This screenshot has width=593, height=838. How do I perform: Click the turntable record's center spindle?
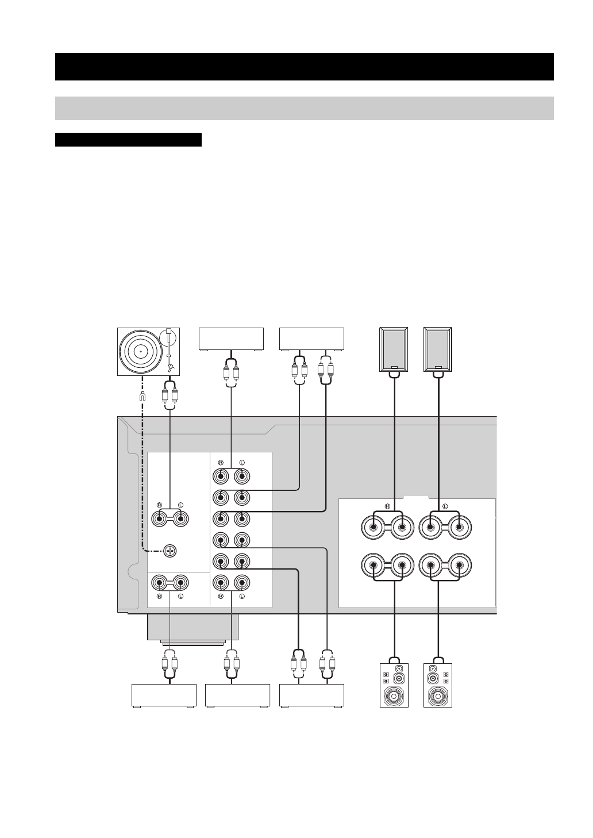click(141, 351)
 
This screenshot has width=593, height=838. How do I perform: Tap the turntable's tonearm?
click(170, 351)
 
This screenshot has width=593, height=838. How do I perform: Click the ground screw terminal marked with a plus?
click(170, 551)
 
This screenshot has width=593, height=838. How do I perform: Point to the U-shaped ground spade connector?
click(143, 396)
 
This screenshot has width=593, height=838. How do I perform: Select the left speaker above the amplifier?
click(394, 349)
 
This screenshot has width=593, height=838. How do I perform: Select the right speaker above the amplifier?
click(438, 349)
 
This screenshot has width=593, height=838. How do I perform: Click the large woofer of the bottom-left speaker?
click(394, 697)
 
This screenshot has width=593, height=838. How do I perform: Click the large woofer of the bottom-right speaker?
click(438, 697)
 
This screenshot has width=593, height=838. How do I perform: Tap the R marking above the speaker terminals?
click(387, 506)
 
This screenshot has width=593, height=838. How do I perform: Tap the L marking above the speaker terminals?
click(445, 506)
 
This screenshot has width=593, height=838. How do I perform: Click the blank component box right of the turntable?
click(231, 339)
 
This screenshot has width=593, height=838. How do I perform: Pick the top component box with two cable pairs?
click(311, 339)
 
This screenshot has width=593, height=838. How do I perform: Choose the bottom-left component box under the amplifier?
click(164, 695)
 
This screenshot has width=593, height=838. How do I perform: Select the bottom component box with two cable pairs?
click(311, 695)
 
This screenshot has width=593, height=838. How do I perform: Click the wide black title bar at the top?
click(304, 67)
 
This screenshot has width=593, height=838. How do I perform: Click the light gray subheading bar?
click(304, 108)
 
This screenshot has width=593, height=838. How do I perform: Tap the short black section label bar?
click(128, 140)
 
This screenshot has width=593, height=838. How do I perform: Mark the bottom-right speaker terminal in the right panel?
click(459, 566)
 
